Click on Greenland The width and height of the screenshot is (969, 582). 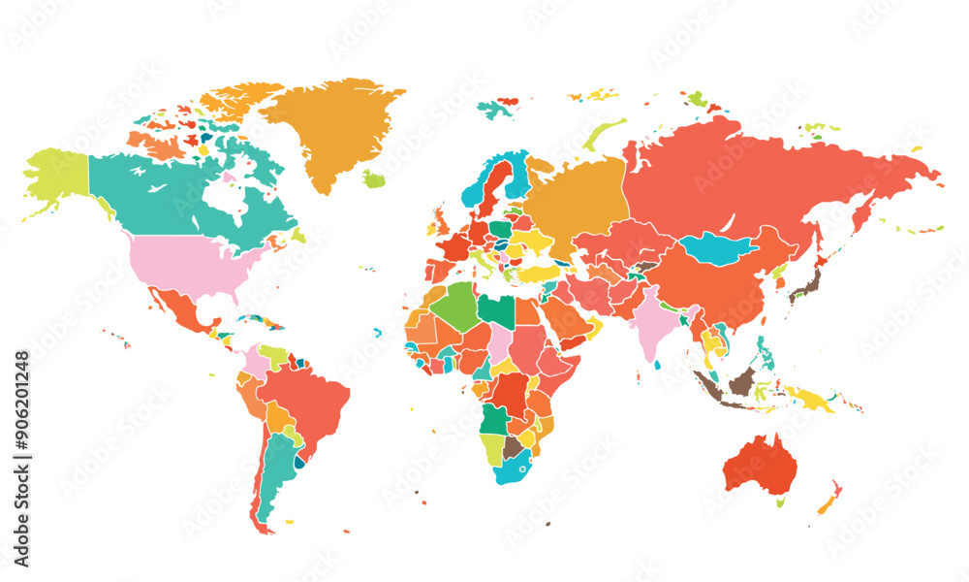(x=334, y=126)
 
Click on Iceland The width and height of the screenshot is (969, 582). (x=374, y=179)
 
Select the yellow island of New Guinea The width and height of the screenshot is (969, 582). (x=809, y=397)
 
